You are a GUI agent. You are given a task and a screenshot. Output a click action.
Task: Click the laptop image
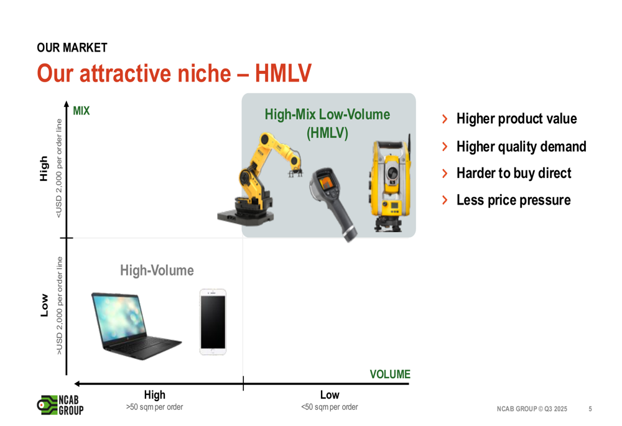click(x=136, y=326)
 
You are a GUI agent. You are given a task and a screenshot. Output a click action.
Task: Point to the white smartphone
click(x=213, y=322)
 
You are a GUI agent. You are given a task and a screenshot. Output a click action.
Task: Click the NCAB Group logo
click(x=60, y=405)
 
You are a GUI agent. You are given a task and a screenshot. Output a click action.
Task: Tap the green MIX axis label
click(x=81, y=111)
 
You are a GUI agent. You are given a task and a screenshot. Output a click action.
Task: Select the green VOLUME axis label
click(x=390, y=374)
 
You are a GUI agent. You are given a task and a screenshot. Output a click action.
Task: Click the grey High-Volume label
click(x=157, y=271)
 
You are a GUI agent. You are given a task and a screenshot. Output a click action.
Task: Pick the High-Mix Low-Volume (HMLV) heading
click(x=327, y=123)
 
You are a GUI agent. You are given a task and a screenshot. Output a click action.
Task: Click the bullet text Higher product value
click(x=516, y=119)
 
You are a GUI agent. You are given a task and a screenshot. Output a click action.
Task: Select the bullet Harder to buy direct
click(x=514, y=173)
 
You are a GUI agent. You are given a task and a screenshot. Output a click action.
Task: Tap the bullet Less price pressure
click(x=513, y=200)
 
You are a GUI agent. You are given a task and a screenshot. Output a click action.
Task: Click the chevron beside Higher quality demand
click(x=445, y=146)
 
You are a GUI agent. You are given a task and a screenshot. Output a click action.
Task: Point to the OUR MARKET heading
click(x=72, y=48)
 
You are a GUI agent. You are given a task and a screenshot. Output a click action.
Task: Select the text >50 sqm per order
click(x=154, y=407)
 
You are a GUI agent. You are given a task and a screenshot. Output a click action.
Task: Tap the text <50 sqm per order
click(x=329, y=407)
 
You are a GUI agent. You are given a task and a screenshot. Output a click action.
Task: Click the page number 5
click(x=590, y=409)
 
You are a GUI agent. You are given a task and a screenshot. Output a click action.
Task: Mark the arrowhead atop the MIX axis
click(x=67, y=103)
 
